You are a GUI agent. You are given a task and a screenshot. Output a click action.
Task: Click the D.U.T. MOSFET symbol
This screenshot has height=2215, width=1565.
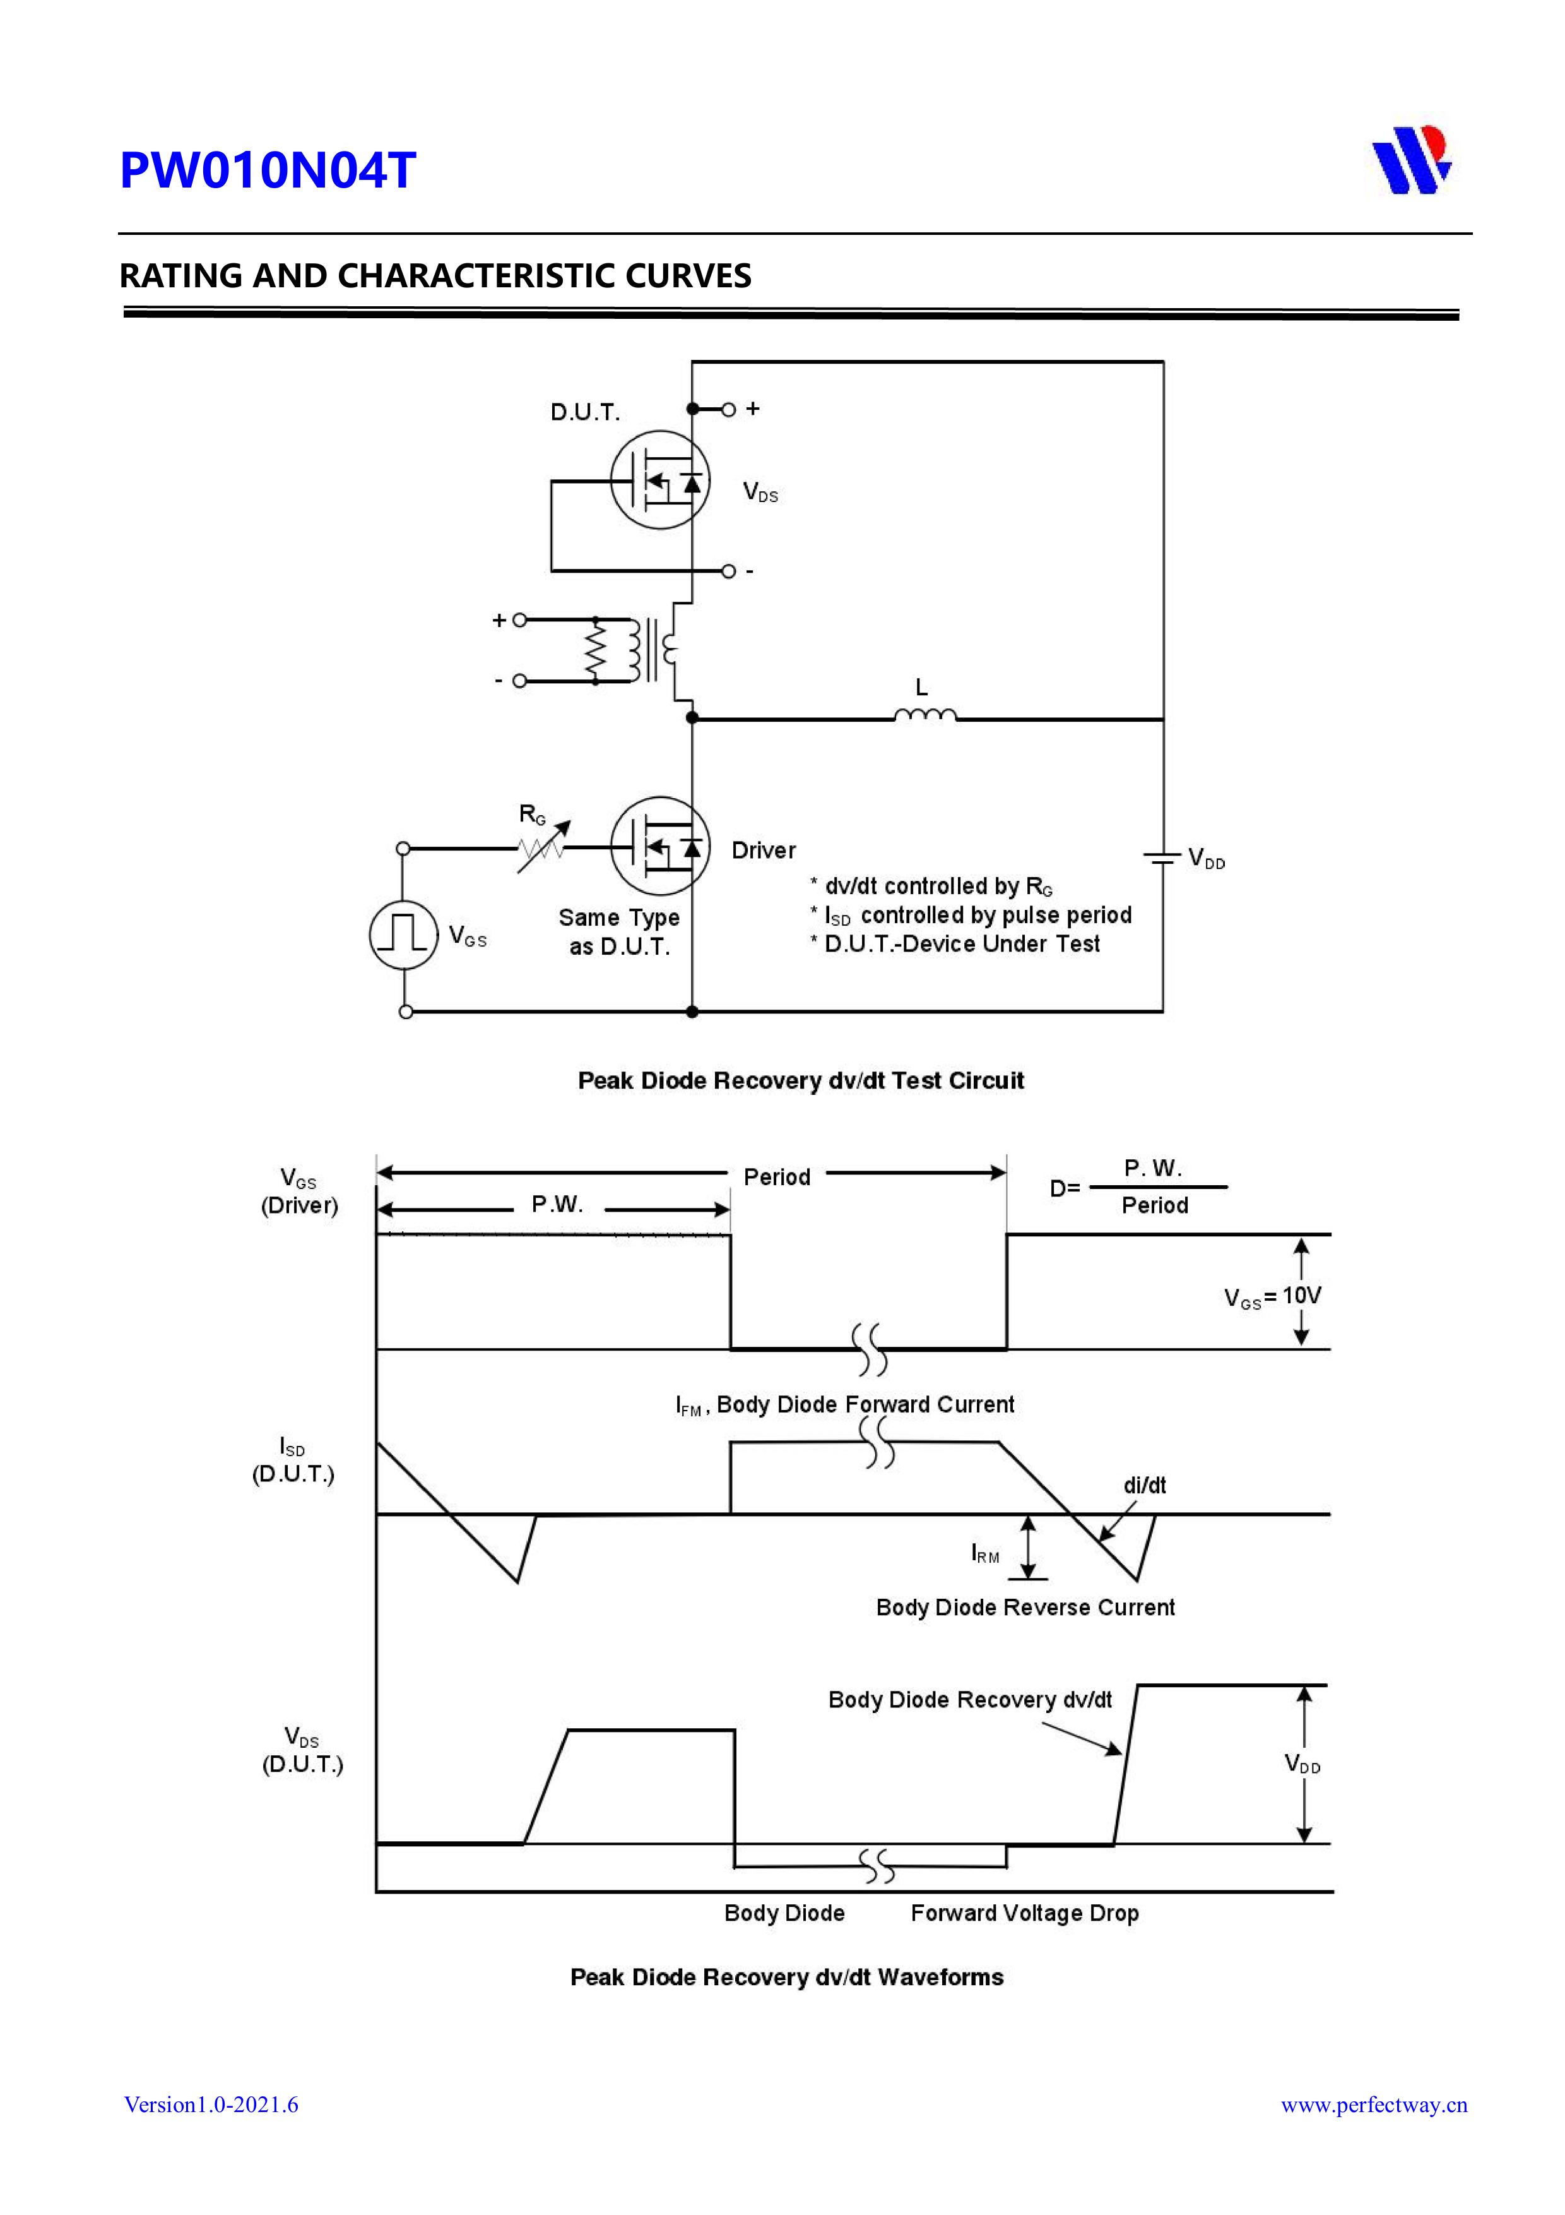tap(661, 479)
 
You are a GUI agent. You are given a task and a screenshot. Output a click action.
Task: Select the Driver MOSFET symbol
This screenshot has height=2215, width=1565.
tap(661, 846)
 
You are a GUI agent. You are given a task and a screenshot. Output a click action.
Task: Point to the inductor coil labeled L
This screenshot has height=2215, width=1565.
tap(924, 715)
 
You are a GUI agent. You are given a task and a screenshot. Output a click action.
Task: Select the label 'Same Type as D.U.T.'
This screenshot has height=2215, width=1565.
tap(619, 932)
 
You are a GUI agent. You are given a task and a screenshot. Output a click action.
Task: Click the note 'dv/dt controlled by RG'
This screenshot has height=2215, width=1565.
tap(931, 886)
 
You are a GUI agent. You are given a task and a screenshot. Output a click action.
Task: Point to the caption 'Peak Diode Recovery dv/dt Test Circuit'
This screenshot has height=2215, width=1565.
tap(800, 1080)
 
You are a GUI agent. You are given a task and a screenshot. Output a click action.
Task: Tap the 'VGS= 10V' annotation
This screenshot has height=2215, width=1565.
tap(1272, 1296)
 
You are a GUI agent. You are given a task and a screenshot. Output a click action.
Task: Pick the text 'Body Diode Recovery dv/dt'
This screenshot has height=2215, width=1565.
tap(969, 1699)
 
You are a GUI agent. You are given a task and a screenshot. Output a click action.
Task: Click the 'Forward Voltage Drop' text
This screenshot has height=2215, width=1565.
tap(1024, 1913)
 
